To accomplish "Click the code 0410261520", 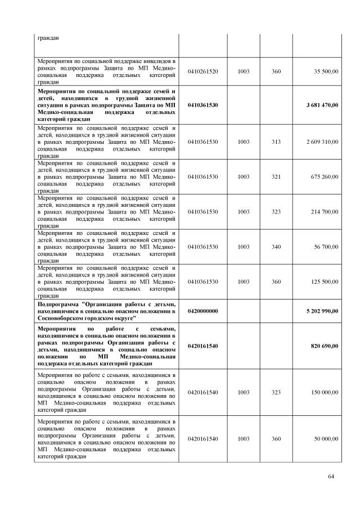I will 203,71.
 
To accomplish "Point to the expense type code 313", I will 276,142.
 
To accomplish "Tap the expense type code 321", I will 276,177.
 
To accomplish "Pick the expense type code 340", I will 276,246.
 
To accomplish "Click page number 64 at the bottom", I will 331,477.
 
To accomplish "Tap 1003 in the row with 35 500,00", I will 244,71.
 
